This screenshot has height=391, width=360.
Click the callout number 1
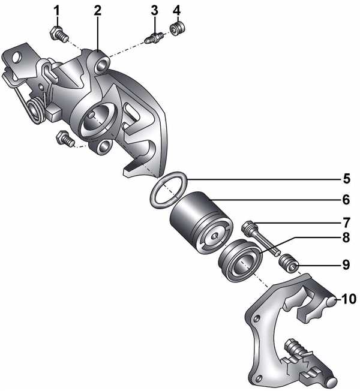coord(57,11)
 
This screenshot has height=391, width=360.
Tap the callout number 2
coord(98,11)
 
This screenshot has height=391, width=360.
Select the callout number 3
coord(154,11)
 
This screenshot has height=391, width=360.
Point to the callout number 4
coord(176,11)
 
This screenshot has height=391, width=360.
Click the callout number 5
coord(347,179)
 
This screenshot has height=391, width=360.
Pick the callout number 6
coord(346,200)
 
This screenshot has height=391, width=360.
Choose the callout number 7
coord(347,222)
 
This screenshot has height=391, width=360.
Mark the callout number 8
coord(346,237)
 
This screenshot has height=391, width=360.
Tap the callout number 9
coord(346,264)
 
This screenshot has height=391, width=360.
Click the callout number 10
coord(349,299)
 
